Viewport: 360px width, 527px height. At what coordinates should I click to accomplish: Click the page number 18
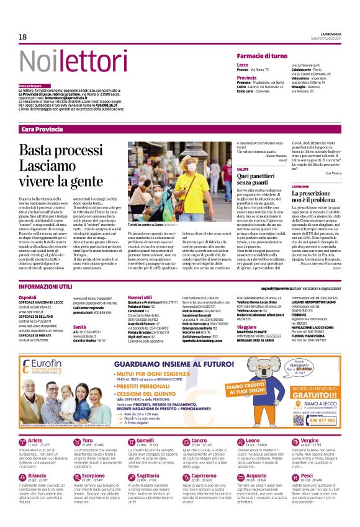tap(22, 37)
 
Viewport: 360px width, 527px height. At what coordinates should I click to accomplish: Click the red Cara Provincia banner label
tap(42, 129)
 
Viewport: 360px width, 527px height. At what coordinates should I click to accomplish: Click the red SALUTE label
tap(243, 169)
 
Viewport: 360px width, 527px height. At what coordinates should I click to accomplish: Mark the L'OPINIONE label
tap(300, 186)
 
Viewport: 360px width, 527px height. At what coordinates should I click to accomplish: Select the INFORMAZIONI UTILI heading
tap(45, 287)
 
